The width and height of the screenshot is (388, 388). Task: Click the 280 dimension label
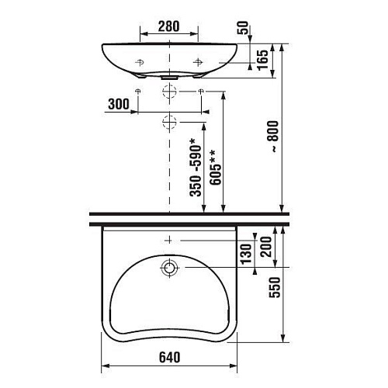[x=168, y=26]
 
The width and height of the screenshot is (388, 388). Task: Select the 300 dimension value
[x=119, y=104]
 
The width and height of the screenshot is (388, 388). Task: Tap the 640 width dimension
[x=169, y=358]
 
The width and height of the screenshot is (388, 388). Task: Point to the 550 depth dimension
[x=275, y=287]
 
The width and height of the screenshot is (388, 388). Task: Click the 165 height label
[x=263, y=60]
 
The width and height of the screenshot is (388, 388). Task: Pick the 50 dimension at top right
[x=243, y=28]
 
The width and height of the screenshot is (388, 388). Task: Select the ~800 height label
[x=273, y=137]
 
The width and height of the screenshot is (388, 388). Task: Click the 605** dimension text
[x=216, y=167]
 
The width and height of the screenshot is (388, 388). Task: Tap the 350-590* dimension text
[x=196, y=168]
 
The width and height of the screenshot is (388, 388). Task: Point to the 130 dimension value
[x=246, y=255]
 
